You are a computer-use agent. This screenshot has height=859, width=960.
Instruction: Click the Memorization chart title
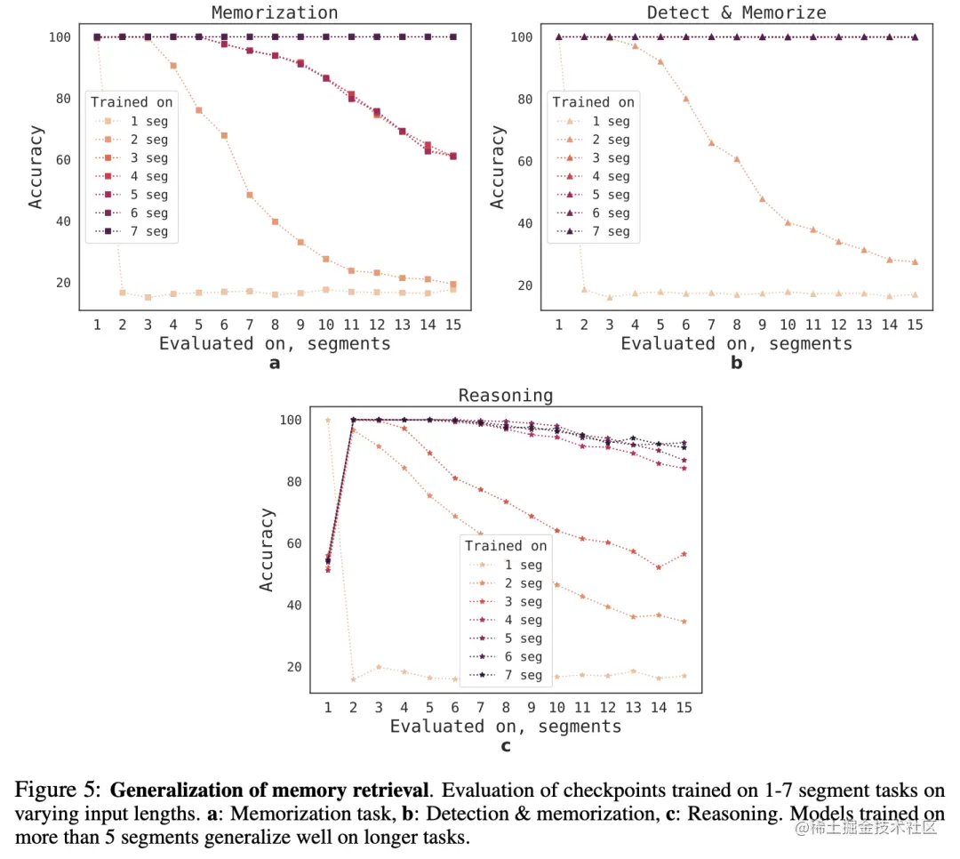pos(274,12)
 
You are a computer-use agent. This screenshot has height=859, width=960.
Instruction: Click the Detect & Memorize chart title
pos(736,12)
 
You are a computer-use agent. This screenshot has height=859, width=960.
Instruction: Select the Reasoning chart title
pos(505,395)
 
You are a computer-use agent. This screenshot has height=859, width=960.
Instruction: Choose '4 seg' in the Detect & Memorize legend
pos(605,176)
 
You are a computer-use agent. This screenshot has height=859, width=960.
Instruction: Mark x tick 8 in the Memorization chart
pos(275,325)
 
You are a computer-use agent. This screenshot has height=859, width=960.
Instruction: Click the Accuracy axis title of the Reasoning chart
pos(267,550)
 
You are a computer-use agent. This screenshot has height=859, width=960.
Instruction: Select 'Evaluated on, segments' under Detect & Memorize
pos(736,343)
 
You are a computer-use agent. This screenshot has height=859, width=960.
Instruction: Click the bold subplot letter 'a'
pos(274,363)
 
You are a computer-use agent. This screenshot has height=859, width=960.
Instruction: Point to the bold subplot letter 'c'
pos(505,745)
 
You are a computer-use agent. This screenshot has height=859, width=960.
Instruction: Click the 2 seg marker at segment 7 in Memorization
pos(250,195)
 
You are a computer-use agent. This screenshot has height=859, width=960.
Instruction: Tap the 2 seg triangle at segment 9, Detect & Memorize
pos(762,198)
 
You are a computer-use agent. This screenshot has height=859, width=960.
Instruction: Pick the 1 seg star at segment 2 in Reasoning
pos(354,679)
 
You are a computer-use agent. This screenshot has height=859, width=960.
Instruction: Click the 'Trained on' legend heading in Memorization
pos(132,102)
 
